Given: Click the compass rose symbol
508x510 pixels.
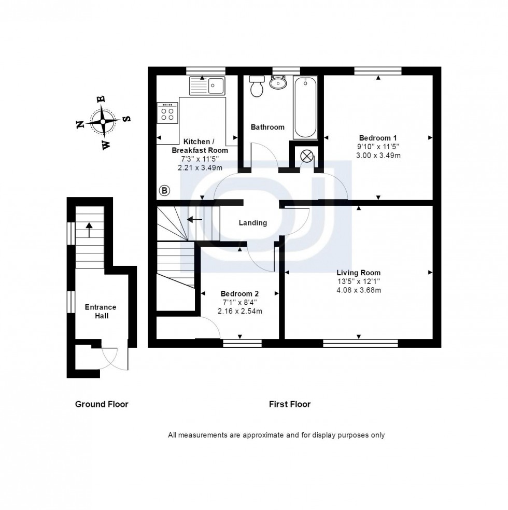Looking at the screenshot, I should point(103,122).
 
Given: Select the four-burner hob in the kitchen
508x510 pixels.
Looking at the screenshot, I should point(168,112).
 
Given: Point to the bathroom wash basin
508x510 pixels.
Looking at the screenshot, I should point(279,82).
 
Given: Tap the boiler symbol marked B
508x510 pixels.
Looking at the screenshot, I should point(164,191).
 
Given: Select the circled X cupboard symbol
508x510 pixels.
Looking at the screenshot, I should point(307,156).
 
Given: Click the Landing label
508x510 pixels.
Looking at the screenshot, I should point(252,223).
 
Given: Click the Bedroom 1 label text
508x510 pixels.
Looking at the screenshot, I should point(378,138).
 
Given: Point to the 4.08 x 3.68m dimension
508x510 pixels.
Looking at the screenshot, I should point(359,290).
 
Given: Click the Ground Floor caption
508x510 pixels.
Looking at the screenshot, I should point(102,404).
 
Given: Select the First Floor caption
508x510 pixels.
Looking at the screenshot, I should point(290,404).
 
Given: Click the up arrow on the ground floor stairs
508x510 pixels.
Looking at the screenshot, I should point(89,229).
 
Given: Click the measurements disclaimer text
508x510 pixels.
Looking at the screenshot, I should point(276,435).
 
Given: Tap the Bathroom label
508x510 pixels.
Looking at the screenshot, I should point(267,127).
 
